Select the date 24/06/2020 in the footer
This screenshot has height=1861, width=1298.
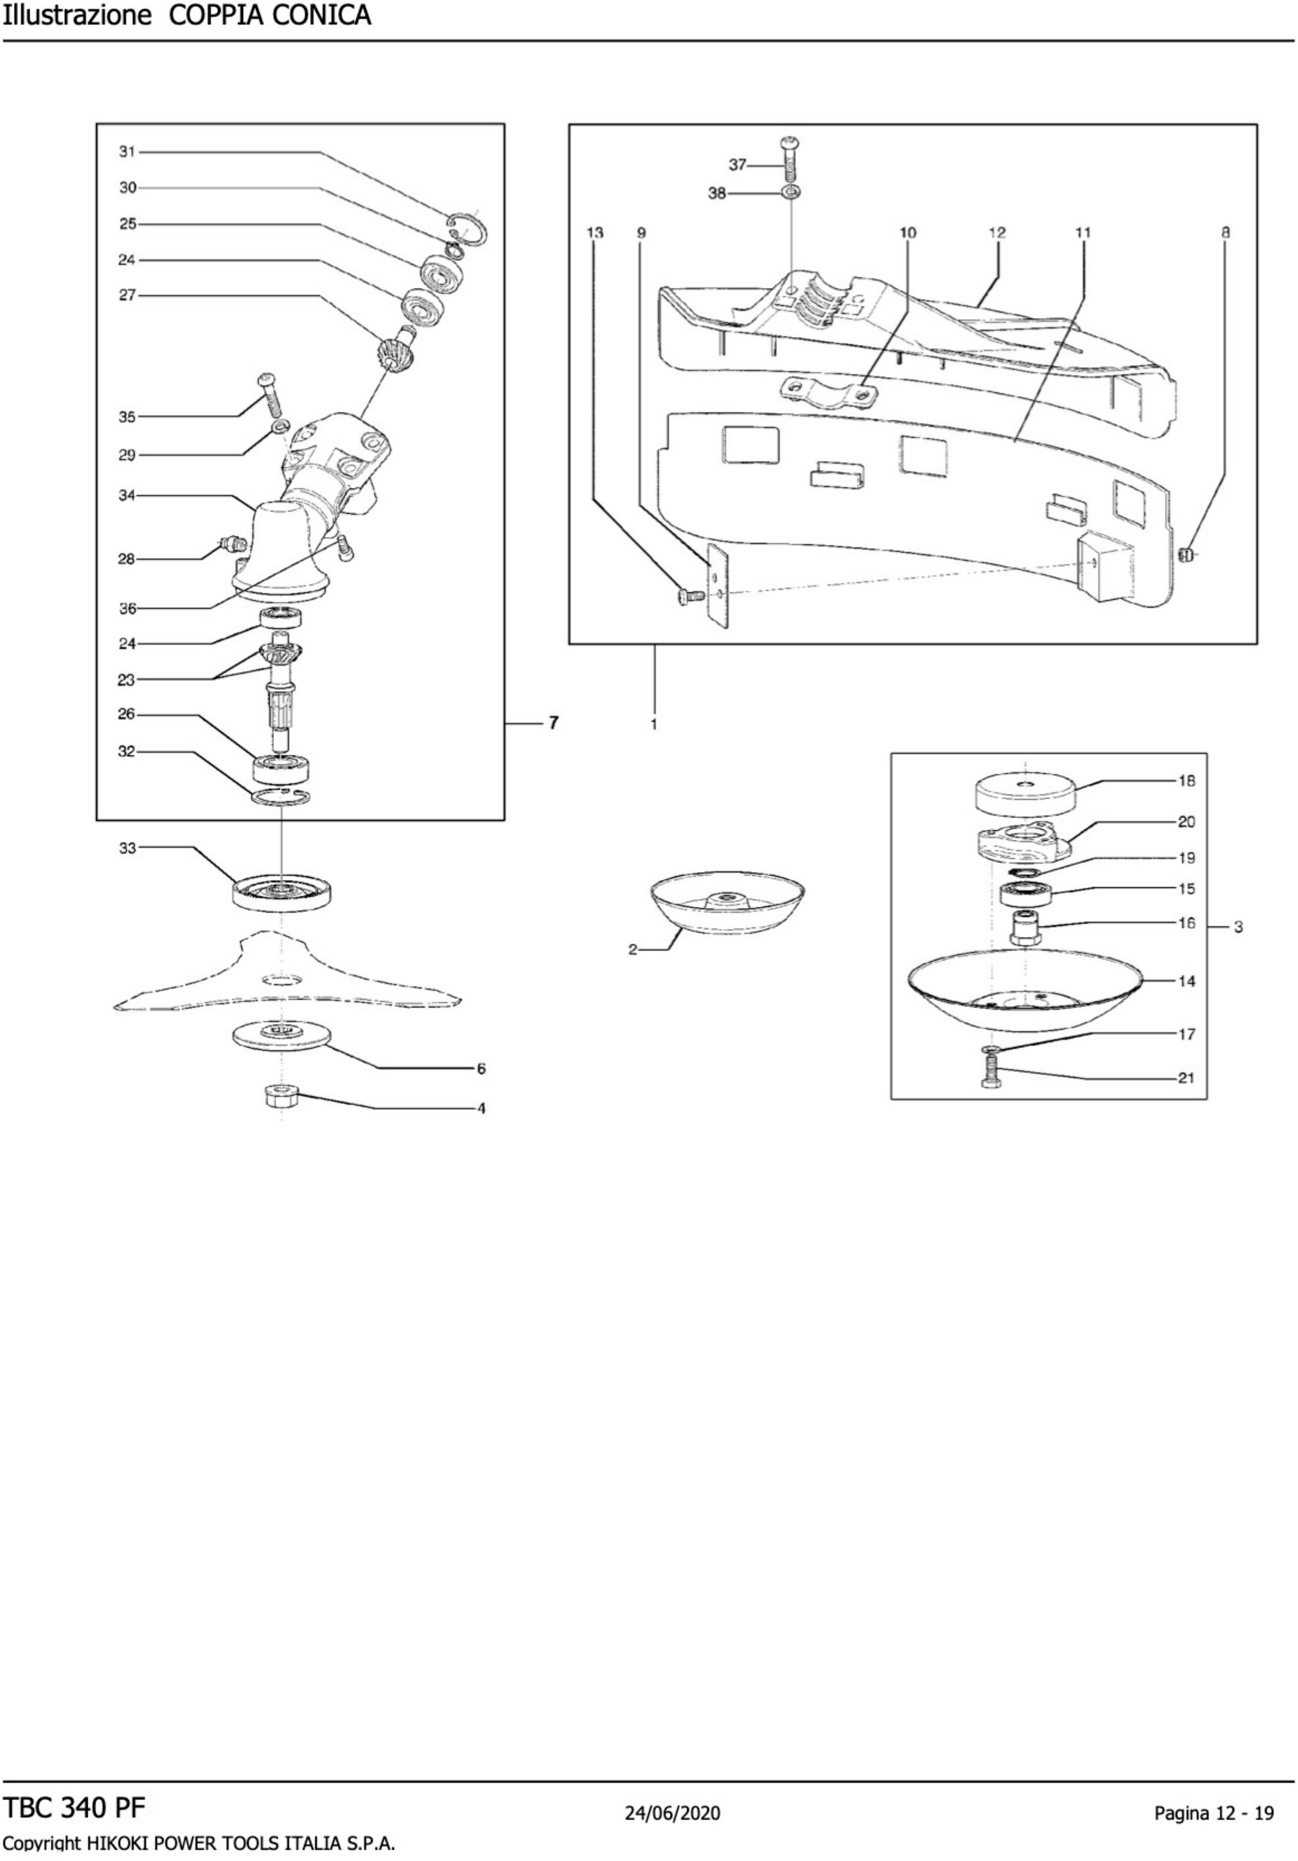(x=672, y=1812)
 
